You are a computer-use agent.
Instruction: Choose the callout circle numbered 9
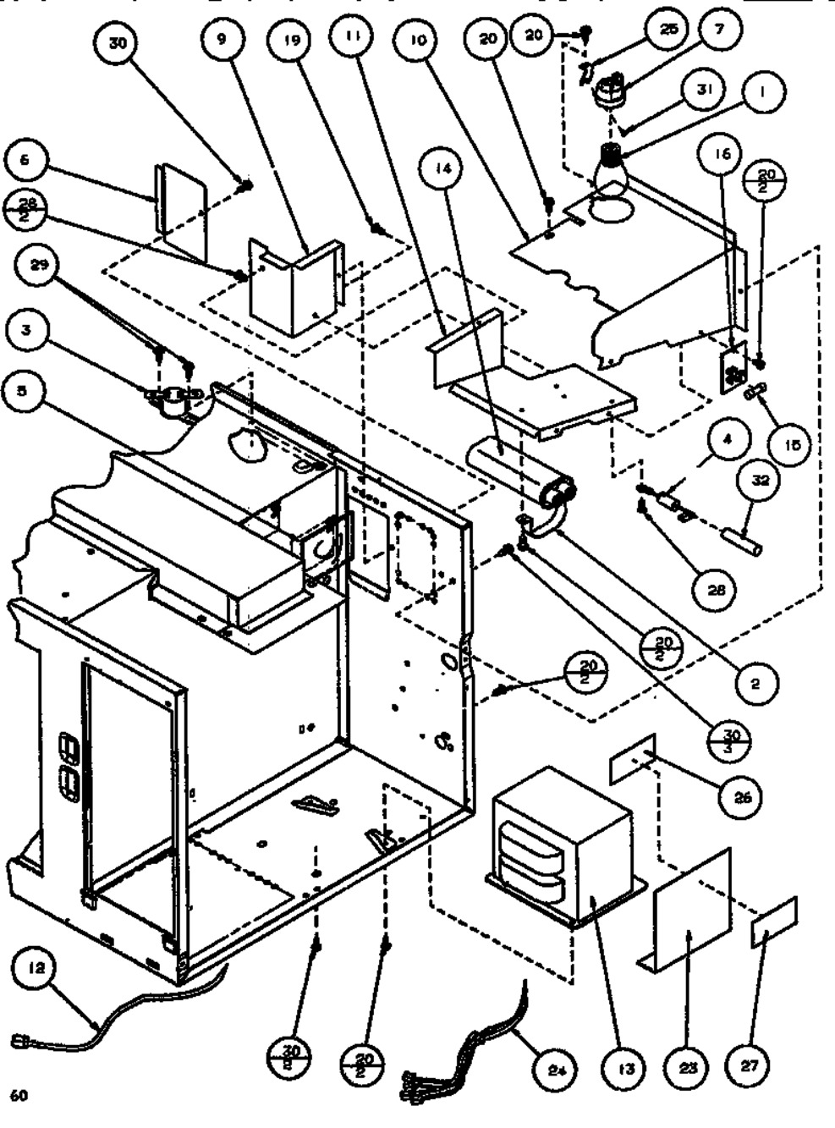[221, 40]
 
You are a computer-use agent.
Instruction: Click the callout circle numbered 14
[445, 169]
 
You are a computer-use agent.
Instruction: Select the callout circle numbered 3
[27, 330]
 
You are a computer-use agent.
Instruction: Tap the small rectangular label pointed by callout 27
[773, 922]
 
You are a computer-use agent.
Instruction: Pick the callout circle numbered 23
[688, 1068]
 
